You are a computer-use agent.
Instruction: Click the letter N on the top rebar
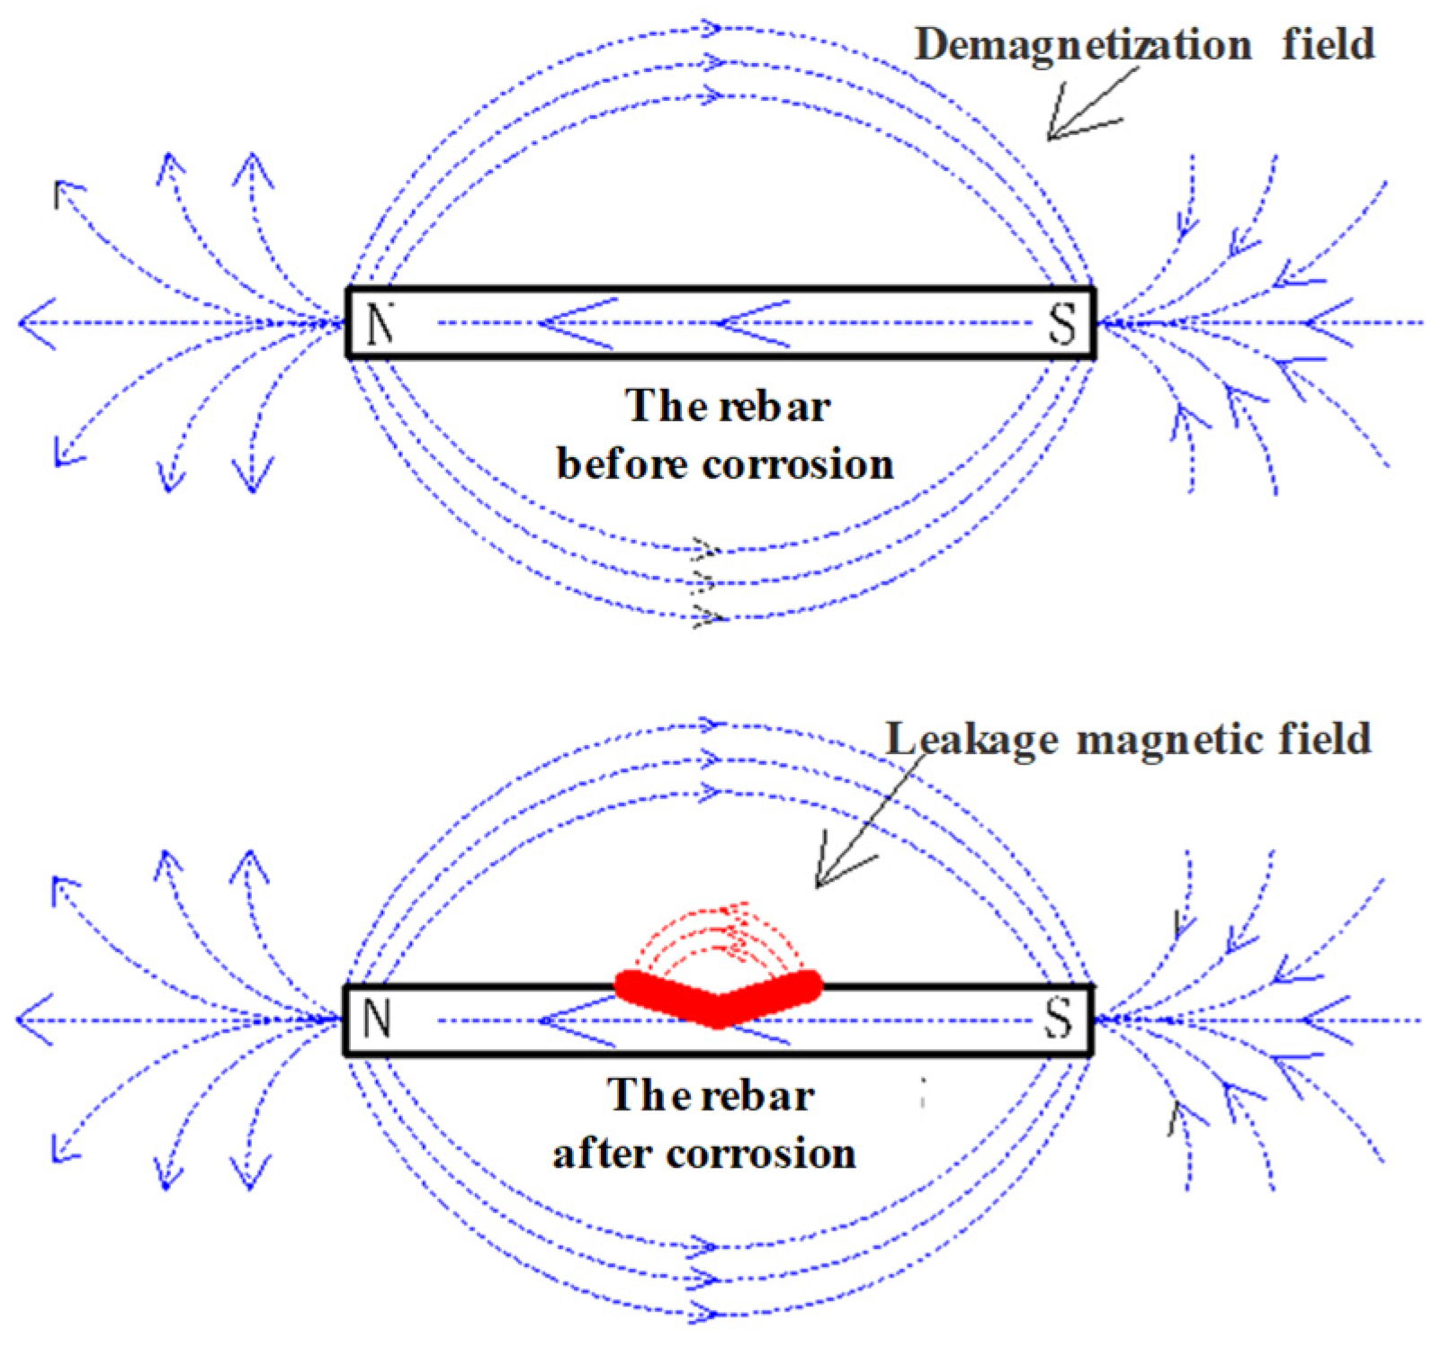(x=380, y=323)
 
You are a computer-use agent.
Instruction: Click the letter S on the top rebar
(x=1062, y=324)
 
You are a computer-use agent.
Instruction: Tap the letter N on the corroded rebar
(x=377, y=1019)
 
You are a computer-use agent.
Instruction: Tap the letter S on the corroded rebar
(x=1060, y=1019)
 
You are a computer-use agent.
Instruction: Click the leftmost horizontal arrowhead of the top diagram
(x=31, y=322)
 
